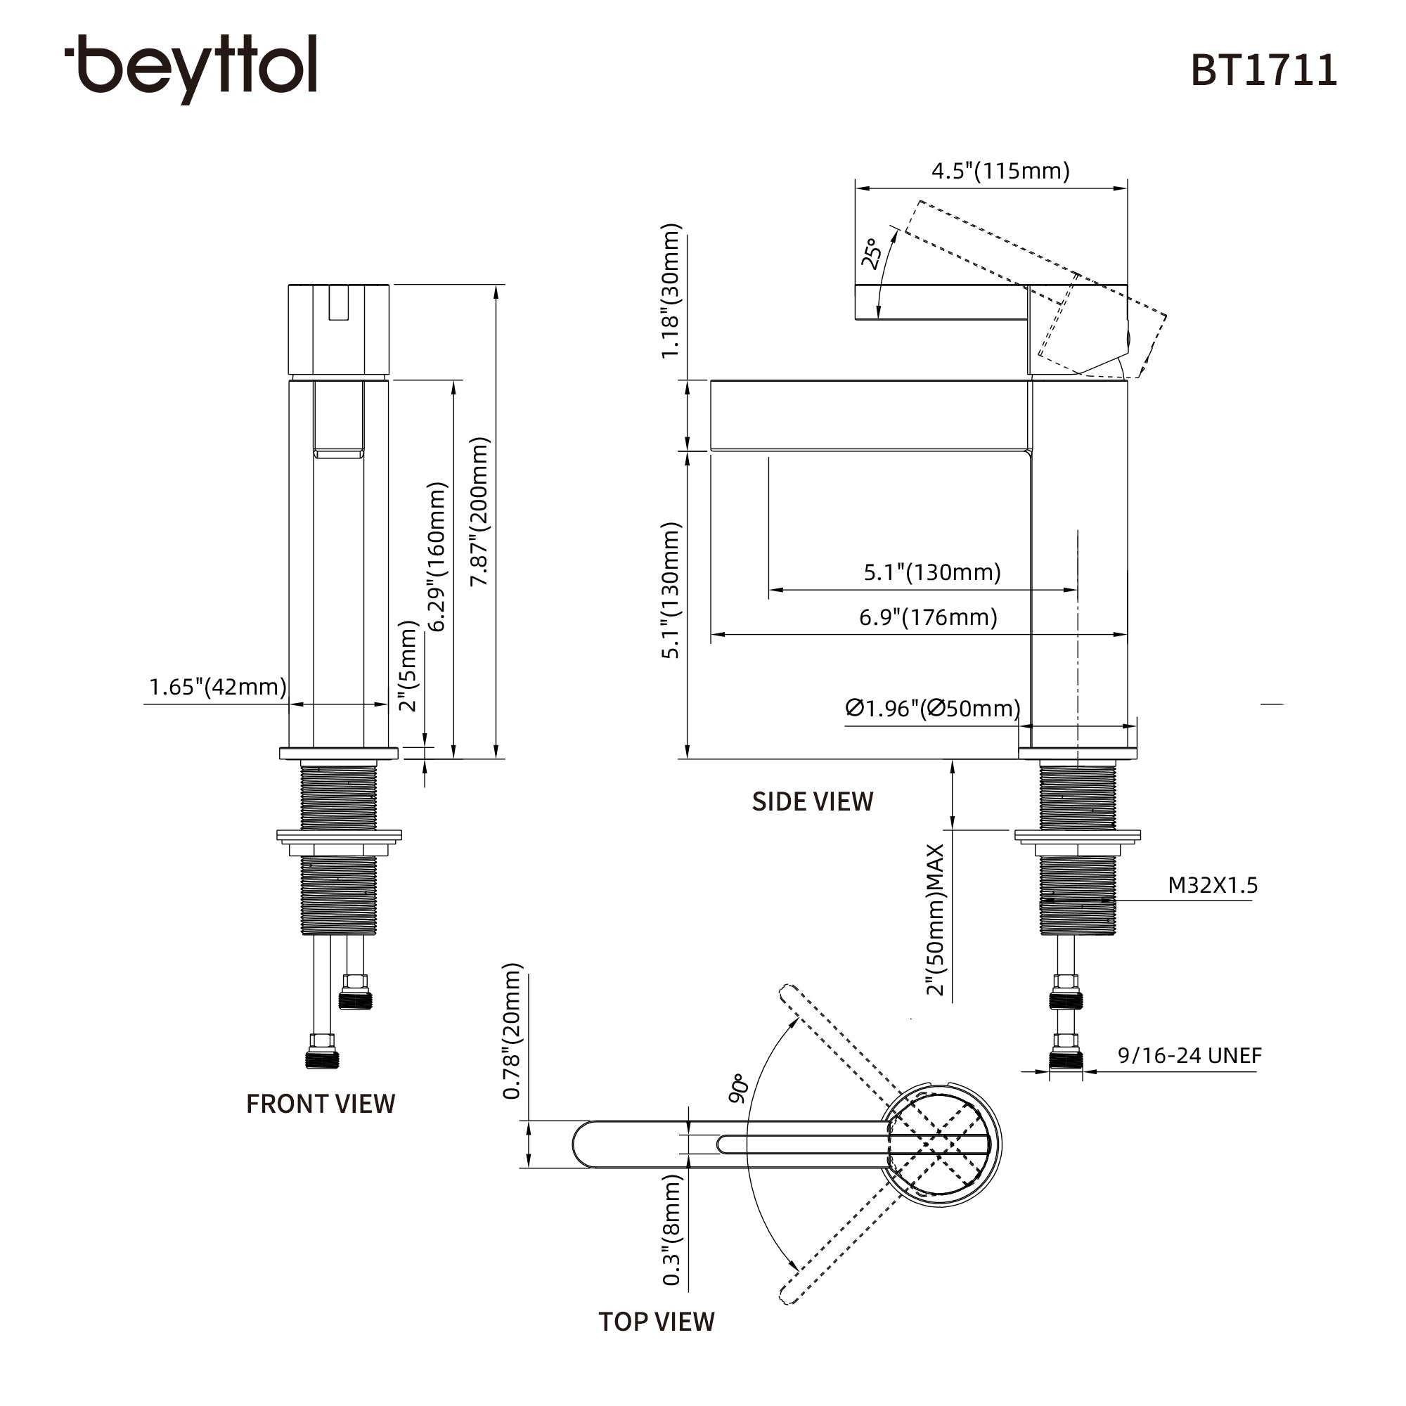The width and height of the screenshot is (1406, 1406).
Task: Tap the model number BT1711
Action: pyautogui.click(x=1263, y=71)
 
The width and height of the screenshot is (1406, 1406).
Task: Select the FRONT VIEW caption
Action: pyautogui.click(x=320, y=1104)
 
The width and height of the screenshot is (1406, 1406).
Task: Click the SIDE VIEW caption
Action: pyautogui.click(x=812, y=802)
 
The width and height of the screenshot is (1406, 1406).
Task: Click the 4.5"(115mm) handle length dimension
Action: pyautogui.click(x=1000, y=172)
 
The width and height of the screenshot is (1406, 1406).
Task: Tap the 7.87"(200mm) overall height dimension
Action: pyautogui.click(x=479, y=512)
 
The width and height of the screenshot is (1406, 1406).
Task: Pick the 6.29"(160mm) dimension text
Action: pyautogui.click(x=436, y=557)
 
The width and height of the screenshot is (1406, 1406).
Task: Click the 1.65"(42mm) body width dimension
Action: pyautogui.click(x=218, y=687)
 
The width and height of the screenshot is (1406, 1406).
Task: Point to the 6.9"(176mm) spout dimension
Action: pyautogui.click(x=928, y=618)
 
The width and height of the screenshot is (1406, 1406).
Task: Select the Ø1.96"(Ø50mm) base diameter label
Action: pyautogui.click(x=933, y=708)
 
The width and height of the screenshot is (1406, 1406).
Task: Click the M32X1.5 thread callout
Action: pyautogui.click(x=1213, y=886)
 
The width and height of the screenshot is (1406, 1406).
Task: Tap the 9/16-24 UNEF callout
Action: pyautogui.click(x=1190, y=1055)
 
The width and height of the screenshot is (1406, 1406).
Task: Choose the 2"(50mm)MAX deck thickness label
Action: pyautogui.click(x=935, y=920)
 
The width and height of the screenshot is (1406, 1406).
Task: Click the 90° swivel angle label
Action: pyautogui.click(x=738, y=1088)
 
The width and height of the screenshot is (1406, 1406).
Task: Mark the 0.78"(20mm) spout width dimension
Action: pyautogui.click(x=512, y=1031)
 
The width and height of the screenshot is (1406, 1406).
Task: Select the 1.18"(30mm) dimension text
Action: pyautogui.click(x=670, y=291)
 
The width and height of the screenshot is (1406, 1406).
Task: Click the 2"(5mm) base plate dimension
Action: pyautogui.click(x=409, y=666)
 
